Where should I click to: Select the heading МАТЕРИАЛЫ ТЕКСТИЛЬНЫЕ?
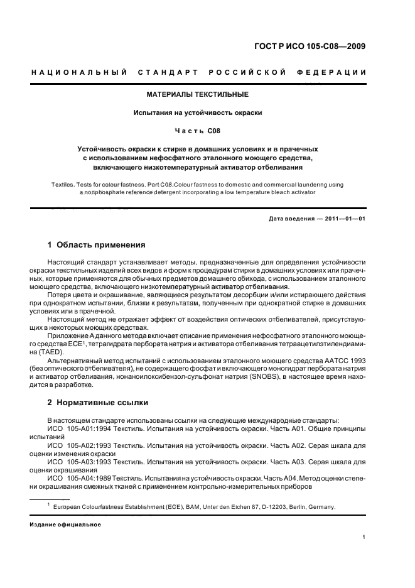point(197,94)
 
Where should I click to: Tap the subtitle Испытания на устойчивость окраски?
point(197,112)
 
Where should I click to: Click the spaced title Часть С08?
point(197,131)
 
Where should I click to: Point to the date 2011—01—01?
point(343,218)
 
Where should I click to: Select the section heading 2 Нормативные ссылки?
point(97,402)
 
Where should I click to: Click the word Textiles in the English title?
point(63,185)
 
